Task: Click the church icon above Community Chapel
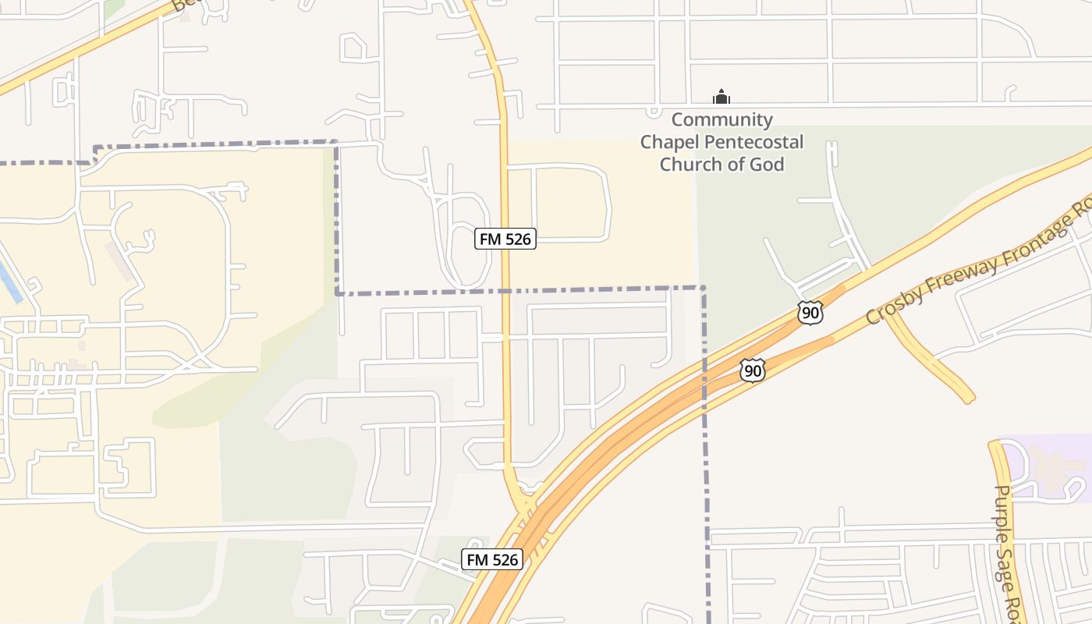[721, 97]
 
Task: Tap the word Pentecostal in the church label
[755, 142]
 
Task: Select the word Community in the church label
[721, 120]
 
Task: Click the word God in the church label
[768, 164]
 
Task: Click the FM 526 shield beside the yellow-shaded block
[505, 239]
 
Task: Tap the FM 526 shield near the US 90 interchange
[491, 559]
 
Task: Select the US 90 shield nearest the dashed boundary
[752, 370]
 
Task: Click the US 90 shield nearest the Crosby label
[810, 313]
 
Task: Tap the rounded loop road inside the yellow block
[570, 202]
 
